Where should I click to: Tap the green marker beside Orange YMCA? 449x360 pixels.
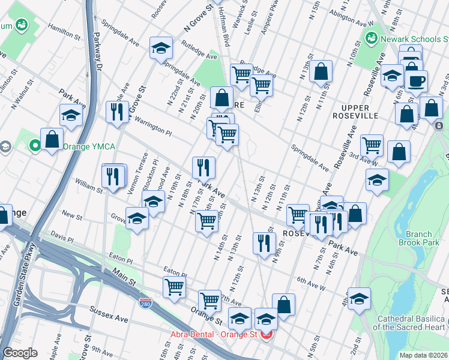35,145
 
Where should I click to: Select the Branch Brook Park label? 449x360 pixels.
418,239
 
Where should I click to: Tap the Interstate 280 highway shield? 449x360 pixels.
145,305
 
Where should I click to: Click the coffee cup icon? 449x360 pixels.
416,81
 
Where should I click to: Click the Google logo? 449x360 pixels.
20,353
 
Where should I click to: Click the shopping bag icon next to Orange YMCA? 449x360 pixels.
52,139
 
